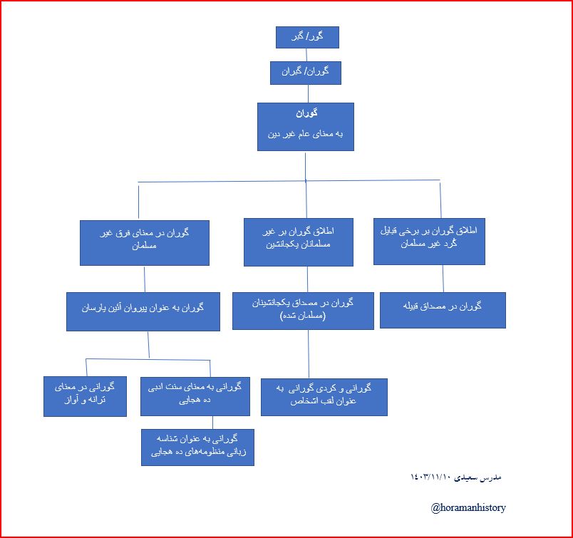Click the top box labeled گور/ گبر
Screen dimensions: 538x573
tap(307, 37)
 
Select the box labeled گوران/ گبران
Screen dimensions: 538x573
tap(306, 73)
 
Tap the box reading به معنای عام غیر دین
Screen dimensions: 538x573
tap(305, 133)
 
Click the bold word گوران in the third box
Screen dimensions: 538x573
tap(306, 113)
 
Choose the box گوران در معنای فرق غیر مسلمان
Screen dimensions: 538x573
tap(145, 242)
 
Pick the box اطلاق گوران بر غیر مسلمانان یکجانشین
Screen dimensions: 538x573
tap(299, 242)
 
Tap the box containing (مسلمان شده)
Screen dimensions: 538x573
tap(303, 310)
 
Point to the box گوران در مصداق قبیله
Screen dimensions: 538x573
tap(443, 309)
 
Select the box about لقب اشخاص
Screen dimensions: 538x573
tap(324, 397)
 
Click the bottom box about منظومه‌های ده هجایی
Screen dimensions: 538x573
tap(197, 447)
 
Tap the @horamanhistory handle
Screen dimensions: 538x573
tap(468, 508)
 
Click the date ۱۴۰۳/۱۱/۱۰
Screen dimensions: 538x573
tap(430, 477)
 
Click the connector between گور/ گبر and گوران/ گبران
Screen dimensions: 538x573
tap(307, 55)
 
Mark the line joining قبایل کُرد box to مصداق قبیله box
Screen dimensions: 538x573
tap(443, 277)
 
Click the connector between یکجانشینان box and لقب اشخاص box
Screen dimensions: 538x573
tap(308, 353)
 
